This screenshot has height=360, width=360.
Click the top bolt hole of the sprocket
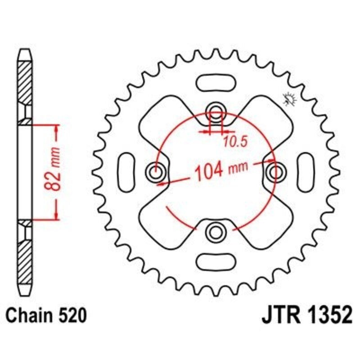(216, 111)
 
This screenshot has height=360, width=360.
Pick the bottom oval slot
(216, 261)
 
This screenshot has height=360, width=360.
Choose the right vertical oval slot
(305, 171)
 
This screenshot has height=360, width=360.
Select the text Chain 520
(45, 316)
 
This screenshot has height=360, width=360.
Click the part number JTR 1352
(306, 316)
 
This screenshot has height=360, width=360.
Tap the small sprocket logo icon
(288, 99)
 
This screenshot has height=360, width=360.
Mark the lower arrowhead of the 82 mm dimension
(56, 215)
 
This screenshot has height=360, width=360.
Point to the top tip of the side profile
(26, 50)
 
